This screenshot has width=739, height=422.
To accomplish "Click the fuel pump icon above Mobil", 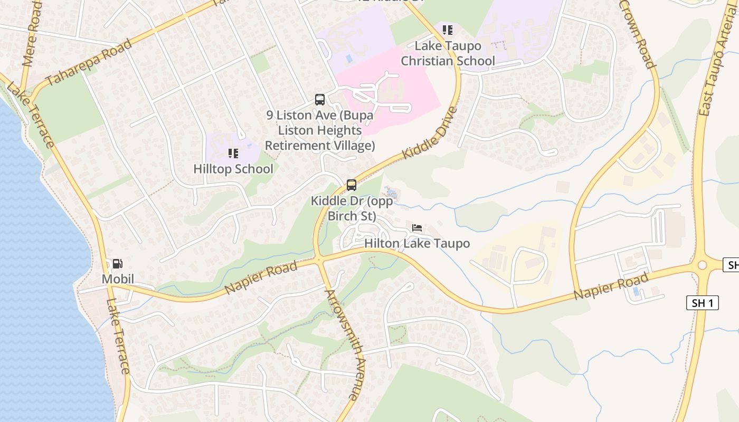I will [118, 263].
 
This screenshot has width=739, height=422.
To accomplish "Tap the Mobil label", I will [118, 279].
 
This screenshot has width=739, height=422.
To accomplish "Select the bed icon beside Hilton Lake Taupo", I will [417, 228].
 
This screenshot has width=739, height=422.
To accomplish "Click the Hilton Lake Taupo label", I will [417, 243].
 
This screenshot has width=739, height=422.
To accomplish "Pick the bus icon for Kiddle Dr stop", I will [352, 185].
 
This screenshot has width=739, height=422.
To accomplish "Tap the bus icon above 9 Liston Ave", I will [320, 99].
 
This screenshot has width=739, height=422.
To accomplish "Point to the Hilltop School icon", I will [233, 154].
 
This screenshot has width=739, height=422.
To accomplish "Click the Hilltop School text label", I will [233, 169].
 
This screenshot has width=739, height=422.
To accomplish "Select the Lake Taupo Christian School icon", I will [448, 30].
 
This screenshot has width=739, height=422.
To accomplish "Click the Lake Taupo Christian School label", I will [448, 53].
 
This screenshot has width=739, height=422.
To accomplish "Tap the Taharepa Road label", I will [89, 62].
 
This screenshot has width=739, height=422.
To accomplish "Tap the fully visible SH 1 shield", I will [703, 303].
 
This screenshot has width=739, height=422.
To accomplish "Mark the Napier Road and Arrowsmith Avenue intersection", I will [318, 260].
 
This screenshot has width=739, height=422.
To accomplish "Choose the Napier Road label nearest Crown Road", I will [611, 286].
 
